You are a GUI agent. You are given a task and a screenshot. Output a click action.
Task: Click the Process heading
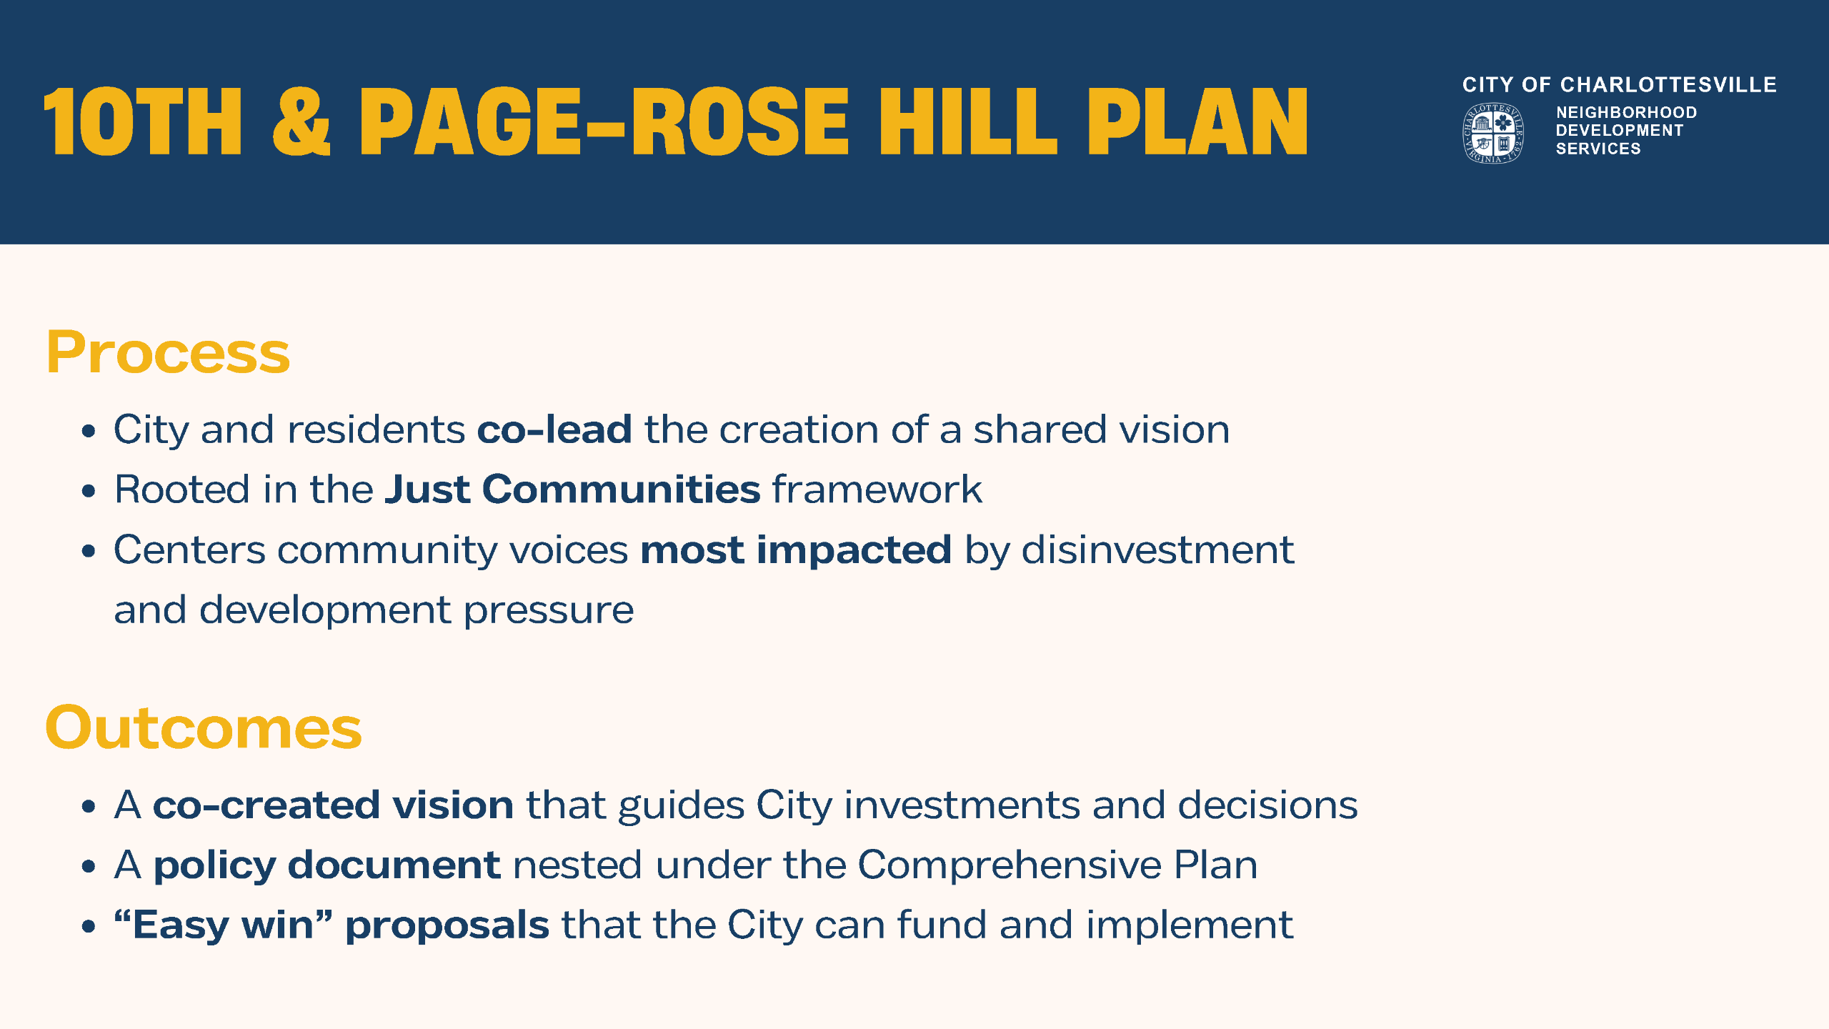pos(168,352)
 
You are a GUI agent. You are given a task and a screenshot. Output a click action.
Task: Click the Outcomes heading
pos(204,727)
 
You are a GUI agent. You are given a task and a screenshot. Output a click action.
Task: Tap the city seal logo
pos(1492,133)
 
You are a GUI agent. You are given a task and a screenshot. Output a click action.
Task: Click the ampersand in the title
pos(301,121)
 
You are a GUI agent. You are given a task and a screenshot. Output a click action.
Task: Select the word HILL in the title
pos(967,121)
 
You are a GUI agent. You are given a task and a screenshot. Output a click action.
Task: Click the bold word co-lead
pos(554,429)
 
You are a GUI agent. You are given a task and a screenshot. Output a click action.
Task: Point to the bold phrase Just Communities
pos(572,489)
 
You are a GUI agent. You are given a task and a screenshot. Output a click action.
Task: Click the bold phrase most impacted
pos(796,550)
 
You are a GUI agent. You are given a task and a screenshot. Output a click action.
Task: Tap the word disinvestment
pos(1157,550)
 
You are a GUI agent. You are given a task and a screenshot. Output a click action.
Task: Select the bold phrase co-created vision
pos(333,805)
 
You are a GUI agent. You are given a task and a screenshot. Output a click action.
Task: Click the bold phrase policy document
pos(327,865)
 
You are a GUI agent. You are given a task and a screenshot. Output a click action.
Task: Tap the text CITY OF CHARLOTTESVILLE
pos(1619,85)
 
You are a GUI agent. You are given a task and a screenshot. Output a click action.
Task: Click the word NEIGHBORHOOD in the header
pos(1626,112)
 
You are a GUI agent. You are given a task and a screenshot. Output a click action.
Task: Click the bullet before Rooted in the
pos(89,491)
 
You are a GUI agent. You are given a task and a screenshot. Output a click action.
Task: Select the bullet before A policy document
pos(89,867)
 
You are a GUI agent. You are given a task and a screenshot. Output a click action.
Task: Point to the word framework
pos(877,489)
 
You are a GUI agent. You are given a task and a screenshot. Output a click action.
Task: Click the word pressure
pos(549,610)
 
